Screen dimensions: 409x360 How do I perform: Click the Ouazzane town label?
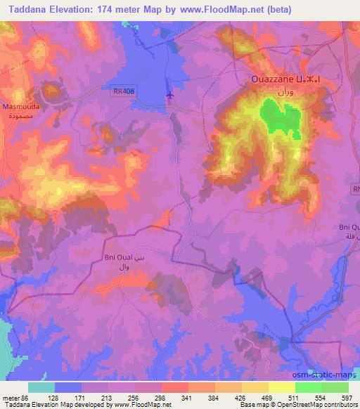point(275,79)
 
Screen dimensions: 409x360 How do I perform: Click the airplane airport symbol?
point(169,94)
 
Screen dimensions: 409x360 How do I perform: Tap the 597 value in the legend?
point(347,398)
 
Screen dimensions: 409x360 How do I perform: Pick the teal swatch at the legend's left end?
point(41,387)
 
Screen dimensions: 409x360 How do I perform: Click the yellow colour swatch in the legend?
point(282,387)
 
